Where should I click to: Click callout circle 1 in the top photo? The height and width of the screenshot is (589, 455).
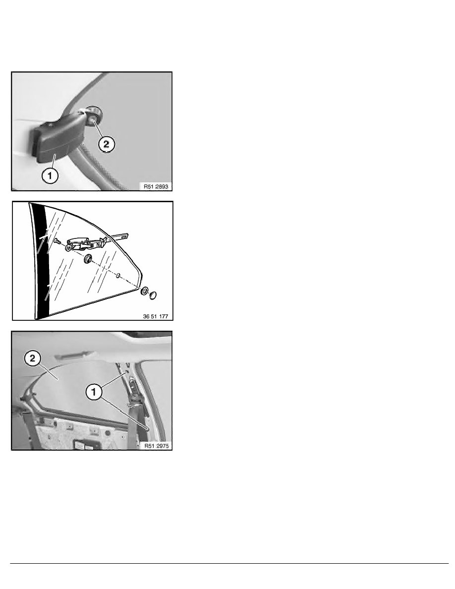[x=50, y=176]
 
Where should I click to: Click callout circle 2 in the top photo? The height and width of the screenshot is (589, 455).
[x=107, y=144]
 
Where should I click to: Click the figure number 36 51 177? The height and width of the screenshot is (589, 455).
[x=156, y=316]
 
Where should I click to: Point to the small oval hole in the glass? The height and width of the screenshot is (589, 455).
[x=118, y=276]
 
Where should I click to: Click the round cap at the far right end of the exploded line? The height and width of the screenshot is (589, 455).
[x=153, y=295]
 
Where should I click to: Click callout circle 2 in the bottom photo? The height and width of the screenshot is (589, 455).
[x=33, y=358]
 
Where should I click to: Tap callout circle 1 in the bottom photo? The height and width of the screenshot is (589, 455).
[x=94, y=392]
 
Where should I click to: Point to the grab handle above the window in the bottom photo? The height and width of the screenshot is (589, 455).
[x=73, y=354]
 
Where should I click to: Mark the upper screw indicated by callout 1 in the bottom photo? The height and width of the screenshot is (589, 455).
[x=127, y=371]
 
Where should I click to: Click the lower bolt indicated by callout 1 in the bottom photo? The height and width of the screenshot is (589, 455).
[x=148, y=428]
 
